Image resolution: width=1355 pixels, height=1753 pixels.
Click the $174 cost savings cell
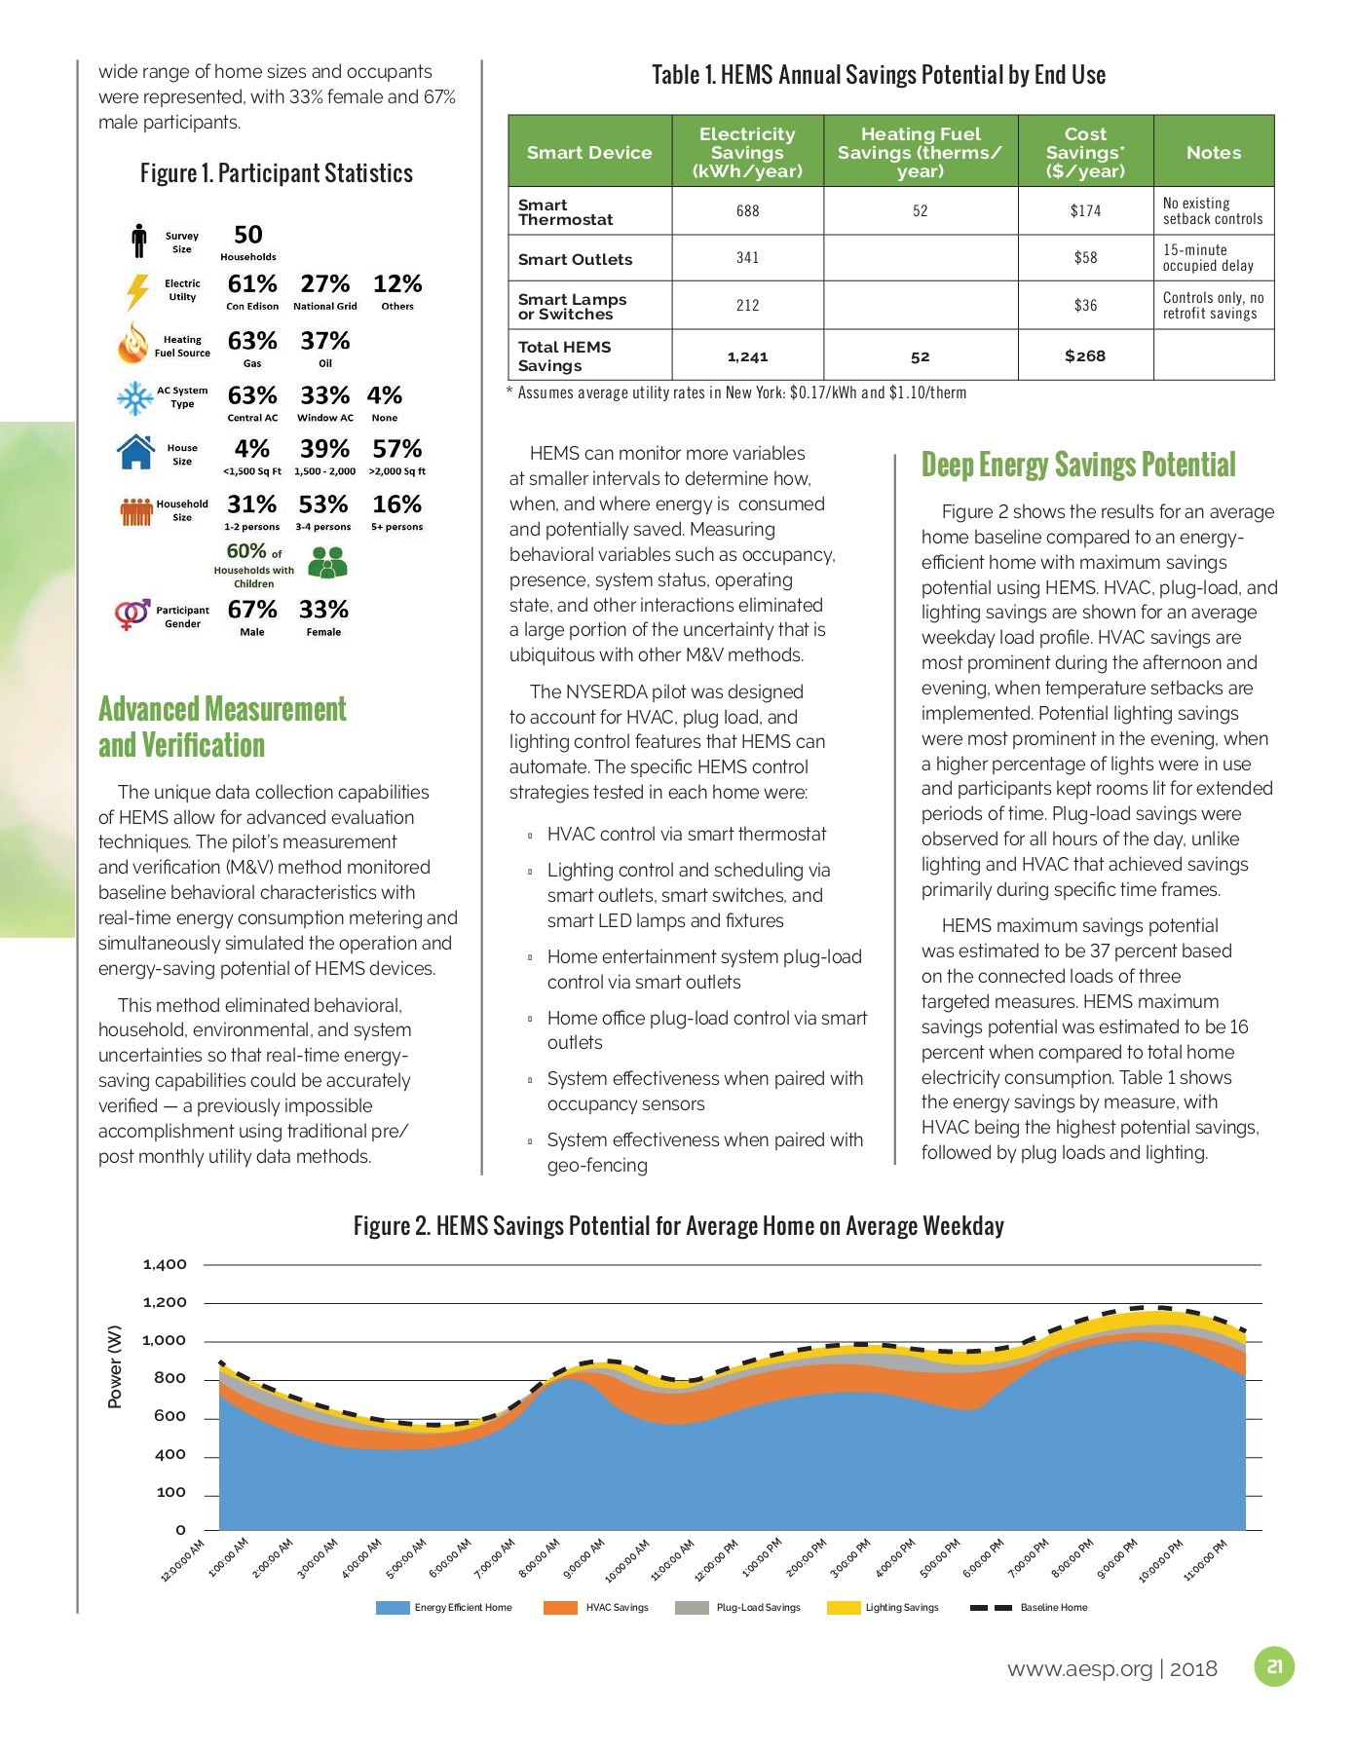(x=1085, y=211)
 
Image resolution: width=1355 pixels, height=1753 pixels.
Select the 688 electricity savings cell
(x=747, y=211)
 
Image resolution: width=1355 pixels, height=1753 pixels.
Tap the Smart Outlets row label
(x=575, y=259)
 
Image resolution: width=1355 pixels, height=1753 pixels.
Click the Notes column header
(x=1213, y=152)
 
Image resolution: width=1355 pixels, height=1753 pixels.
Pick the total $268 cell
(x=1084, y=355)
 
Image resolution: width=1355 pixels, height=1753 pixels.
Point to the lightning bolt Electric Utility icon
(x=135, y=291)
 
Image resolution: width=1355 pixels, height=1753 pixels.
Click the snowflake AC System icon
(x=132, y=397)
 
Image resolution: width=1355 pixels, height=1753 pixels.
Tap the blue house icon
(x=135, y=452)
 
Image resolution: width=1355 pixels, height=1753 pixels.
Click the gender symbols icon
(x=132, y=615)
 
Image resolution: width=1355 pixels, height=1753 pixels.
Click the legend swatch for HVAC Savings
(x=560, y=1607)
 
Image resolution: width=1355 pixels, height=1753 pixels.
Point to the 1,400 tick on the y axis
(x=165, y=1264)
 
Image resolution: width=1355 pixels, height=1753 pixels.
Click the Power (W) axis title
(x=115, y=1365)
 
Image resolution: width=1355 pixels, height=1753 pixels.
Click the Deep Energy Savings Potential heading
(x=1077, y=465)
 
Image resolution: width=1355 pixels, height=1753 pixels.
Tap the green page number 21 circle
(x=1273, y=1666)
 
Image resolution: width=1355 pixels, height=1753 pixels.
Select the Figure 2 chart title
(x=678, y=1225)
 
